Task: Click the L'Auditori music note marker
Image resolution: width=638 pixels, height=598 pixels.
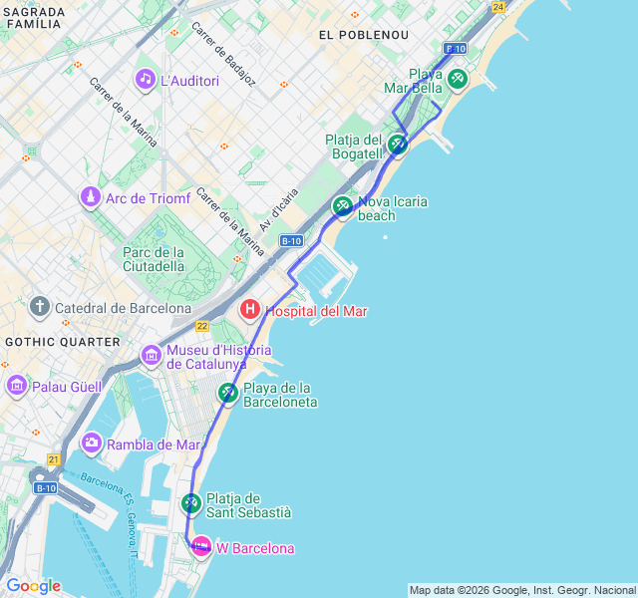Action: (146, 79)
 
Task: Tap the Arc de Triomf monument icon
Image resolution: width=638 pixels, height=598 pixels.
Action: (91, 197)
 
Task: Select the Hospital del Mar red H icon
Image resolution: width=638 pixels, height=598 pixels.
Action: (250, 311)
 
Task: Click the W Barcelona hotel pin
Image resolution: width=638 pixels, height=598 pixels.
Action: (201, 547)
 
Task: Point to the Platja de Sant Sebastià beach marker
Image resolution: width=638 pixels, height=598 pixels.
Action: (191, 503)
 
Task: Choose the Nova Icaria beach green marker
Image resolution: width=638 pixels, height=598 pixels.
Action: (343, 206)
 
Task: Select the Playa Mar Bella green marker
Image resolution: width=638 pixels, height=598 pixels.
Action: (457, 79)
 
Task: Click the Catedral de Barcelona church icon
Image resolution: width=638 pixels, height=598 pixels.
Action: (40, 307)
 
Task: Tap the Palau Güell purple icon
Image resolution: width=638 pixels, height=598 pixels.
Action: (17, 385)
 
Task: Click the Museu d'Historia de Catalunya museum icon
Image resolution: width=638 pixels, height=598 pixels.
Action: (152, 355)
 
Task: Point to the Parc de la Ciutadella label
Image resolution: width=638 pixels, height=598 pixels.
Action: (154, 258)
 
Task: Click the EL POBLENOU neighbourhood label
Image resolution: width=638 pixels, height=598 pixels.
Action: (364, 34)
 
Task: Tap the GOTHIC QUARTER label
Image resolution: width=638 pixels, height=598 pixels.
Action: (48, 341)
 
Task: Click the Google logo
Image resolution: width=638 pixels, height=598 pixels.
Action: (33, 586)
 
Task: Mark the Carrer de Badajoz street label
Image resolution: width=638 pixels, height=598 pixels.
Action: (224, 54)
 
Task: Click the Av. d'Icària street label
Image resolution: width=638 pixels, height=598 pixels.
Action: (279, 209)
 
